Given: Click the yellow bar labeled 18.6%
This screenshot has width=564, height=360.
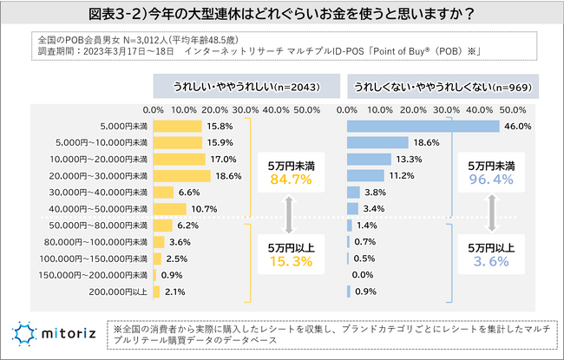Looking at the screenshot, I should (181, 175).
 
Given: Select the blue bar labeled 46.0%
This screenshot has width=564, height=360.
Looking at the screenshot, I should (423, 127).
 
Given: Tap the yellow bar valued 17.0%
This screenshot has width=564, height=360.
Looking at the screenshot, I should (179, 160).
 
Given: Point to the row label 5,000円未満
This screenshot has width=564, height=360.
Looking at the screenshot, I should (120, 127).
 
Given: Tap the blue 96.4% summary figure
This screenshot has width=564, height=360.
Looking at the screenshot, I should (491, 180).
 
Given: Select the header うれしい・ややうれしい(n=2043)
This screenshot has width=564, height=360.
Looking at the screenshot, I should (235, 88).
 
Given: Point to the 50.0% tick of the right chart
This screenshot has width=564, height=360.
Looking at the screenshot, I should (512, 110).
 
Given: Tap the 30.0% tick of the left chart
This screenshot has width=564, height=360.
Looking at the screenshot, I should (246, 110).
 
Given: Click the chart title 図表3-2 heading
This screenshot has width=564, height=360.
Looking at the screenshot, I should (281, 14).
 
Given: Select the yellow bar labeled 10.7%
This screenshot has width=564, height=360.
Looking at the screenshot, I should (169, 208).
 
